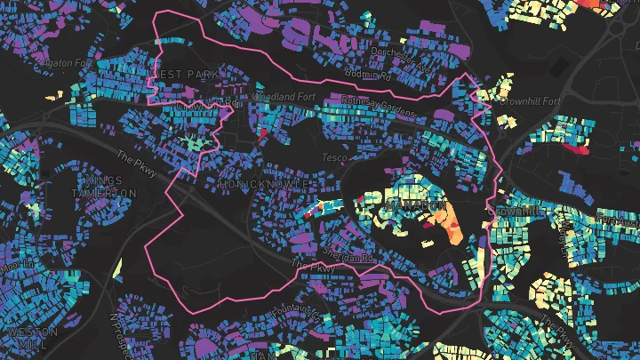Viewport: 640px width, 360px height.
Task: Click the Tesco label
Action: [334, 157]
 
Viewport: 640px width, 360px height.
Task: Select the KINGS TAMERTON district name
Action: [104, 186]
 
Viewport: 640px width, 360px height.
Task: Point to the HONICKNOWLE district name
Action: [265, 182]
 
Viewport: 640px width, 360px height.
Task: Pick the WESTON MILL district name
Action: [32, 337]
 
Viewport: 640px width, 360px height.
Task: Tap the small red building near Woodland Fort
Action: [264, 135]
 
